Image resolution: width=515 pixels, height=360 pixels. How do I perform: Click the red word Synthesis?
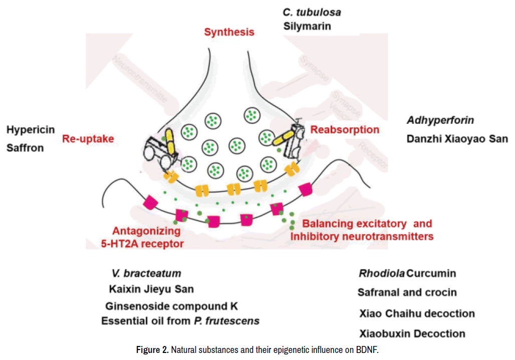pos(229,33)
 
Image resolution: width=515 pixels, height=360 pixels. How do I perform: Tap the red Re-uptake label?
pos(88,139)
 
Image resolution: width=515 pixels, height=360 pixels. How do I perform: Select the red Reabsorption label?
pos(345,130)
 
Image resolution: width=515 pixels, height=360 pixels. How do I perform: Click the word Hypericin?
pos(31,130)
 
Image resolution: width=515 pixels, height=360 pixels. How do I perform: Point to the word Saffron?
pos(25,148)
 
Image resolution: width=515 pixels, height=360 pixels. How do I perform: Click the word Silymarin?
pos(307,26)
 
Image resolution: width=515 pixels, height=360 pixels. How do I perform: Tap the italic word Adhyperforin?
pos(440,120)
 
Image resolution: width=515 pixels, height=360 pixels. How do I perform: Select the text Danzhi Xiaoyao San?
pos(457,138)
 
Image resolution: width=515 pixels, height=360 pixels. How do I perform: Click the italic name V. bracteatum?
pos(146,274)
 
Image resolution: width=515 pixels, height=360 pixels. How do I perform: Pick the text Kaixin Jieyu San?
pos(151,289)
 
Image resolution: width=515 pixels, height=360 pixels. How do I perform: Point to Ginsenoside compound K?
pos(171,306)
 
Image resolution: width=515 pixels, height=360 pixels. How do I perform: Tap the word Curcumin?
pos(431,274)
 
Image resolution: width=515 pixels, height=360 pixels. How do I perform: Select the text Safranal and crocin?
pos(407,292)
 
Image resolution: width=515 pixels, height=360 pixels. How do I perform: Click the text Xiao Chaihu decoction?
pos(417,314)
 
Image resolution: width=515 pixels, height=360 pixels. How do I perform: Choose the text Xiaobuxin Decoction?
pos(412,333)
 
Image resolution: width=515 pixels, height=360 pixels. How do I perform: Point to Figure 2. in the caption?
pos(152,350)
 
